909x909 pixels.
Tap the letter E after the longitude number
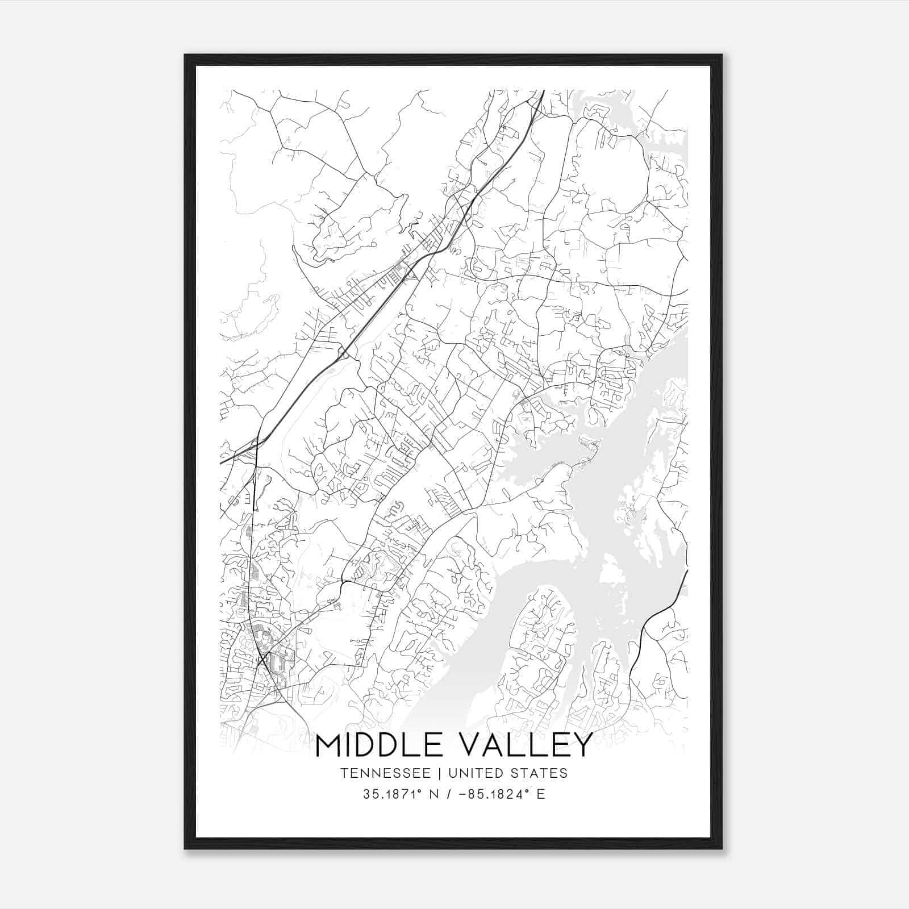tap(541, 794)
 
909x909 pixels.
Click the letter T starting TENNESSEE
tap(344, 773)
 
